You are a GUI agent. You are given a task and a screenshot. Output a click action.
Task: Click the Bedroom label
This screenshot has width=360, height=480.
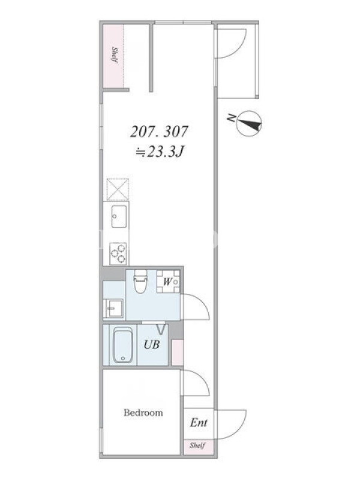click(143, 413)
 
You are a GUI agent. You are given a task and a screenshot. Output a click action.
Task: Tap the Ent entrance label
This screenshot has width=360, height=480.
click(199, 423)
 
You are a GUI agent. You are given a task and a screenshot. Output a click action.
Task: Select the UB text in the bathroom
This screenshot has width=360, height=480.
click(152, 344)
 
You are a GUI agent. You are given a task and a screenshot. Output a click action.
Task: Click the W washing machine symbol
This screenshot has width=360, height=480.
click(168, 281)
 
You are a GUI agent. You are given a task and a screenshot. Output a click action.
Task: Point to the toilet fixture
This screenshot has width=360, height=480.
click(140, 281)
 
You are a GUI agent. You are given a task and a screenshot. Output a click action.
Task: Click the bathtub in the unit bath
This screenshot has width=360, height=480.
click(123, 346)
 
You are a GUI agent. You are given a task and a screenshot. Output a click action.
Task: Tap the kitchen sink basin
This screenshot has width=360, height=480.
click(119, 217)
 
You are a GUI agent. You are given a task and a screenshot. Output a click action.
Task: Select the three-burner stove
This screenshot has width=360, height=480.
click(118, 253)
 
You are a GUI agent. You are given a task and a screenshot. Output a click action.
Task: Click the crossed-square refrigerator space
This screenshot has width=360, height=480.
click(118, 190)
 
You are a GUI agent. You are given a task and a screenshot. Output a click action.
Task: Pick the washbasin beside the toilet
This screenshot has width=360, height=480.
click(114, 308)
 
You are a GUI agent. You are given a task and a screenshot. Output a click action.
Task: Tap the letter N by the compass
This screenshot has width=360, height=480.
click(232, 118)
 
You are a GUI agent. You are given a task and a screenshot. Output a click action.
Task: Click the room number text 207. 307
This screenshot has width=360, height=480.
click(159, 132)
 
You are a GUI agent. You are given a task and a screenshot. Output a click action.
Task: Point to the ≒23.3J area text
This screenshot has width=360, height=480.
click(160, 152)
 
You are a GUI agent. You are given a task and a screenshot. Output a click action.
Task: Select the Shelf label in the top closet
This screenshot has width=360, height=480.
click(115, 55)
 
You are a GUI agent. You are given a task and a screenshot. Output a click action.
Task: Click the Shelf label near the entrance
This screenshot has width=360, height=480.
click(197, 445)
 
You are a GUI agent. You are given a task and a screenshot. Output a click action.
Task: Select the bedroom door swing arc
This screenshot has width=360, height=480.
click(202, 379)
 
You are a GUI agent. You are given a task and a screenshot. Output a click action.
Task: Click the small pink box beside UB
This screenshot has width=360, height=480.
click(178, 352)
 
